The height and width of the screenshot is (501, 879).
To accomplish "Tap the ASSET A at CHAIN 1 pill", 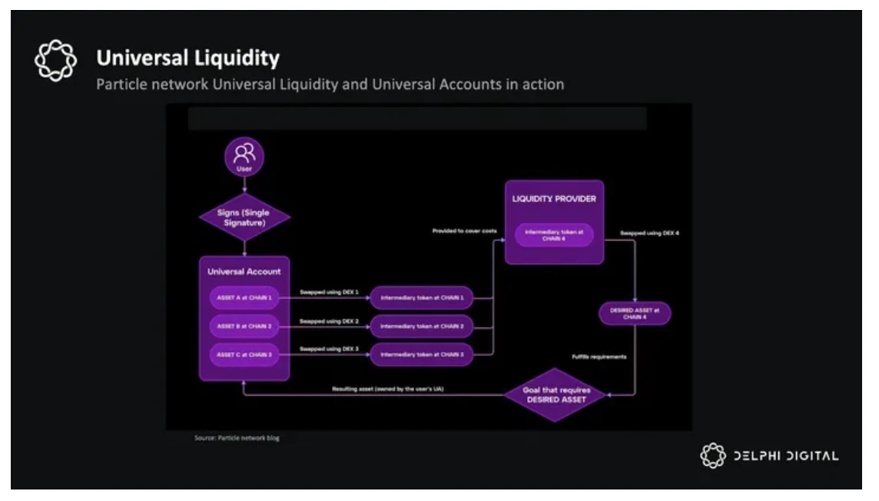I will click(244, 297).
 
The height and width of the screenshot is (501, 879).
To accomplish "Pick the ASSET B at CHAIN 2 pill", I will click(244, 326).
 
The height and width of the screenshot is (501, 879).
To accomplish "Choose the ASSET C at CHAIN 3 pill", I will click(244, 354).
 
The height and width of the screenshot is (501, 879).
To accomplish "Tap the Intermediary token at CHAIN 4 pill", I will click(554, 234).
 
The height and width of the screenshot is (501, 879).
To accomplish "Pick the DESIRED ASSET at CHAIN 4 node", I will click(635, 314).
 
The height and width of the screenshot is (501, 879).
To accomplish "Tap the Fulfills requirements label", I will click(599, 357).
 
